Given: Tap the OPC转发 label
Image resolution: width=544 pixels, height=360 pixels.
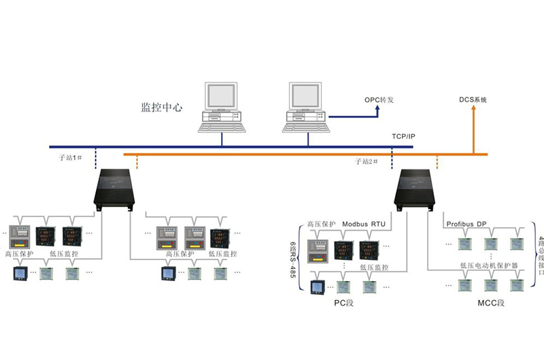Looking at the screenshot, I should coord(379,100).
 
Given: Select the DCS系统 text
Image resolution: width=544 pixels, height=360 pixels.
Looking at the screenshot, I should coord(473,100).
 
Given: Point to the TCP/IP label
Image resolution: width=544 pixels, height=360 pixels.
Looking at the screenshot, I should coord(403,137).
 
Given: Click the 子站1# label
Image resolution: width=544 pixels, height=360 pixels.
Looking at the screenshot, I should coord(71,157).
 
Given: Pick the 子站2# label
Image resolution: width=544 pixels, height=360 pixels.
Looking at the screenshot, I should coord(366,161).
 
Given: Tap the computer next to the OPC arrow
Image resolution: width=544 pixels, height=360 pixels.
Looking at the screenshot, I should coord(307,107).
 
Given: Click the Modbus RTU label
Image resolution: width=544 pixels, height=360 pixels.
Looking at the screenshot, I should coord(363,223).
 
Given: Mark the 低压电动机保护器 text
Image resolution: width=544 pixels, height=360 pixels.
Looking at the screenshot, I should coord(489,264).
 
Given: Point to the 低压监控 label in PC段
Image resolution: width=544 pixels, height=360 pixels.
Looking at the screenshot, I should coord(374,267).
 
